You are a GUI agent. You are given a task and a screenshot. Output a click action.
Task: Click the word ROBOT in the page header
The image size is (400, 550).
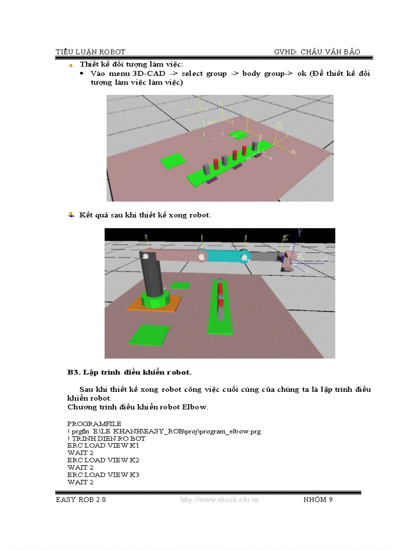tap(112, 52)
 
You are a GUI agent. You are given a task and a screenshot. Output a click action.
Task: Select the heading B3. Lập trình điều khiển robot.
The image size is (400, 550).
tap(129, 372)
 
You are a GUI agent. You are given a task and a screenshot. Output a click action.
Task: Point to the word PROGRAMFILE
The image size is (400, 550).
tap(95, 423)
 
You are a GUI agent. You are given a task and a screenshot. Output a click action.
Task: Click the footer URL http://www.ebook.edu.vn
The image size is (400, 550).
tap(220, 500)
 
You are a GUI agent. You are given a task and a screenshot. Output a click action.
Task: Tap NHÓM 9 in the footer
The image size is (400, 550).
tap(318, 500)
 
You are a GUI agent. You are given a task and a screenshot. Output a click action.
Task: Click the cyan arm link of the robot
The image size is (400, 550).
tap(223, 256)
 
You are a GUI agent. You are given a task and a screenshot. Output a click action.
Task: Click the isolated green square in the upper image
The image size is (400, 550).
tap(173, 161)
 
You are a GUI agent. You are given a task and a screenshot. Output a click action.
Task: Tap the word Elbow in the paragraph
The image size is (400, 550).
tap(195, 407)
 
